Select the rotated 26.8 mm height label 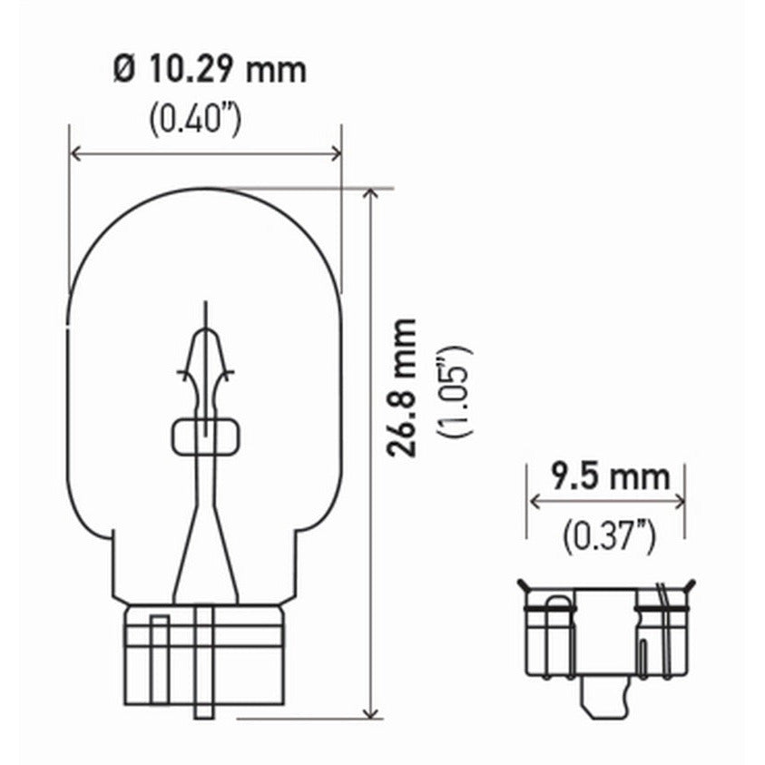400,387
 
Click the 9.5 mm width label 610,476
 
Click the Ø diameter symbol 124,69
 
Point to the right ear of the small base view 689,586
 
